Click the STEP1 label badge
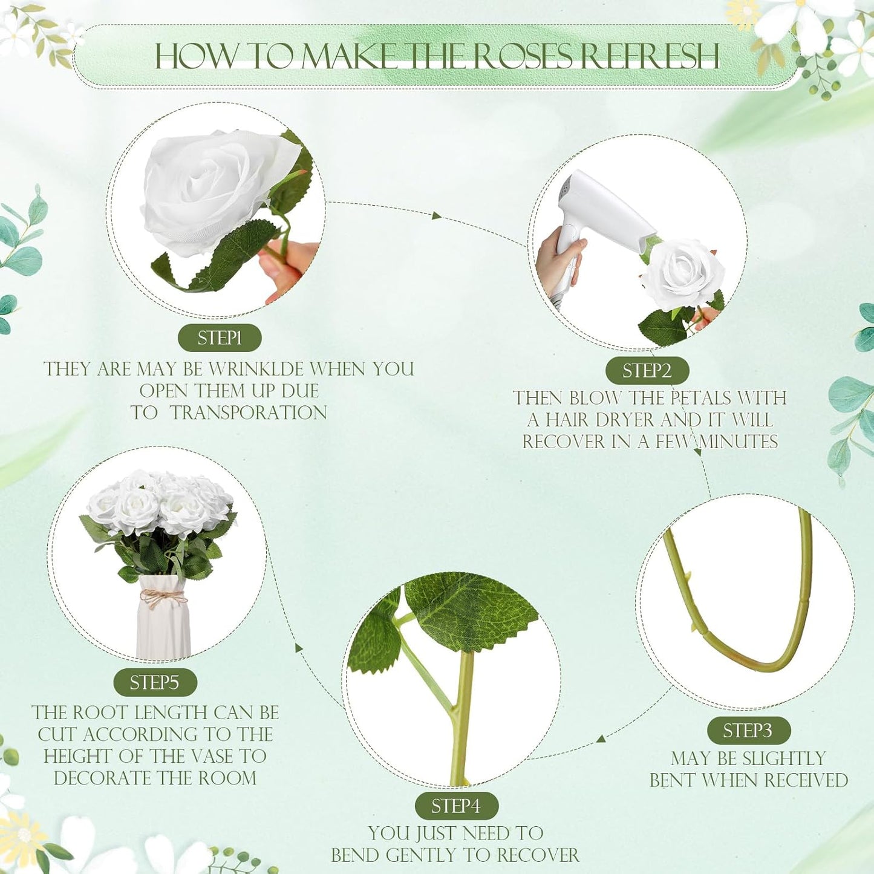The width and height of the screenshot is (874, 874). [220, 338]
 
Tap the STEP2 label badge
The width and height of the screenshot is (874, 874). [647, 371]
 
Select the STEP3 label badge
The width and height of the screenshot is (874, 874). [749, 731]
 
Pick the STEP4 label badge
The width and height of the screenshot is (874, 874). [457, 806]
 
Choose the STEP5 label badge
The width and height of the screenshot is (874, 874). [155, 683]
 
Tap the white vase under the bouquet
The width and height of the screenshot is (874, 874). [163, 617]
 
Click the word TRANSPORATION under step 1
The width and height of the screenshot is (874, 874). [248, 413]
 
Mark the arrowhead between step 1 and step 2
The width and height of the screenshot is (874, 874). [436, 215]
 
